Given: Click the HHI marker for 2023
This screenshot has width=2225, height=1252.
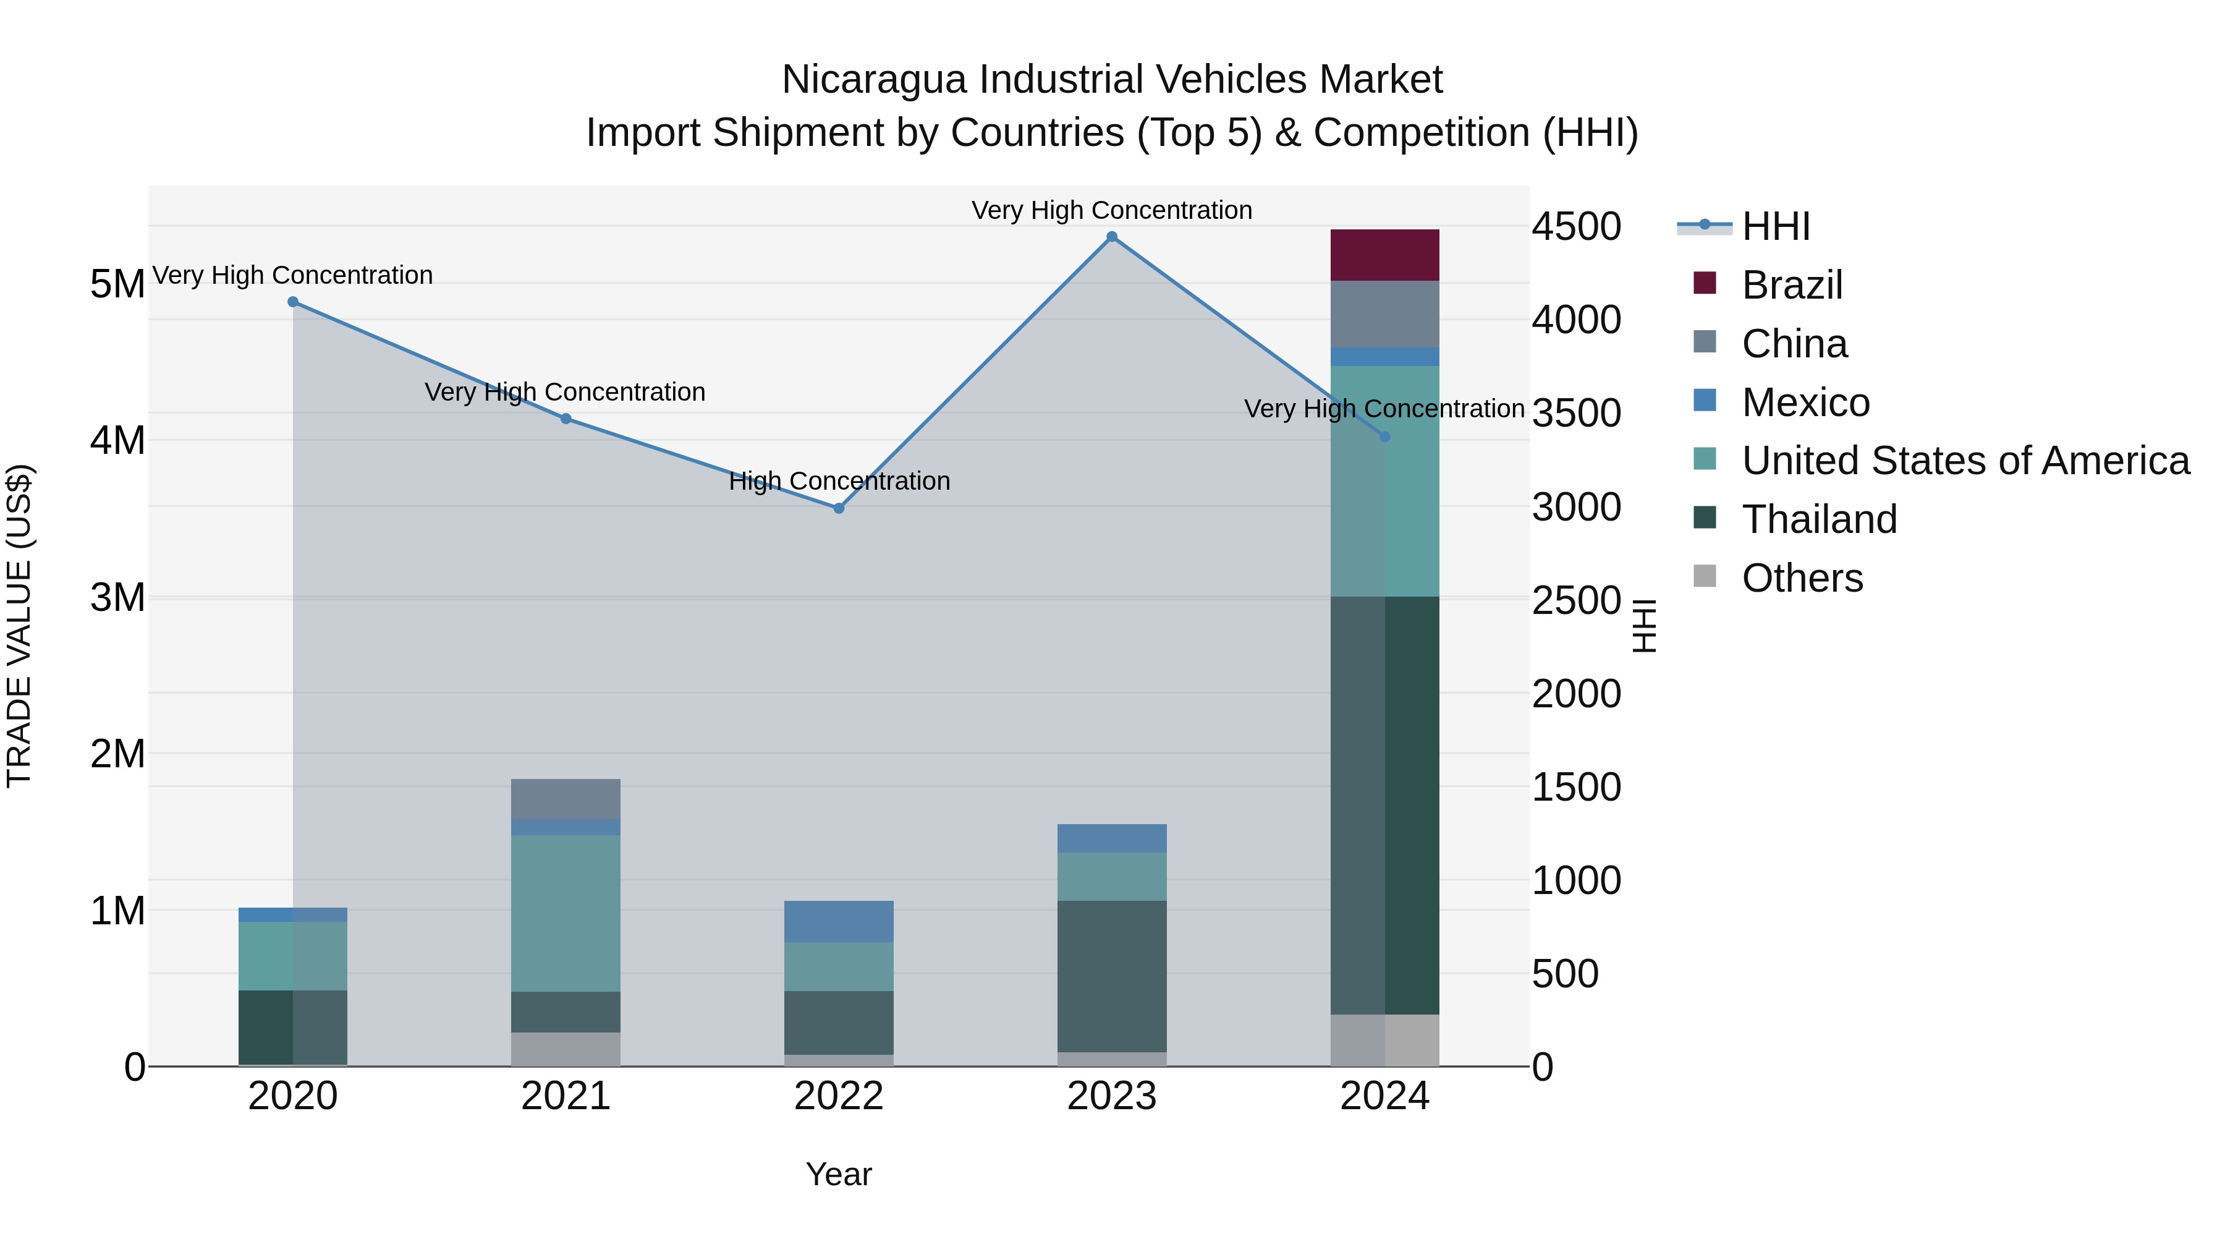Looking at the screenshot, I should (1112, 237).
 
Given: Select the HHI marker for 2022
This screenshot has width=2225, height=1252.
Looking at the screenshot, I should (839, 508).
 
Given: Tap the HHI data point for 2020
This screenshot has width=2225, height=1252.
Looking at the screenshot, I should (293, 302).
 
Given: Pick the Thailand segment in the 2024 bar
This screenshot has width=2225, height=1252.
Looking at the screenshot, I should (1384, 804).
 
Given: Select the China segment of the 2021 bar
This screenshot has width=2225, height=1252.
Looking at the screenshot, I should (566, 799).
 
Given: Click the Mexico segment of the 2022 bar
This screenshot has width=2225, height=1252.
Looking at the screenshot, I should (839, 921).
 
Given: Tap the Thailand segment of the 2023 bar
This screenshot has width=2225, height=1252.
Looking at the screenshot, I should (1112, 976).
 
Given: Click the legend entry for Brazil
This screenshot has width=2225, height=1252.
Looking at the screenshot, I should (1791, 285).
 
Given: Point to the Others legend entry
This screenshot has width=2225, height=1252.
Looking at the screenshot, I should (1802, 578).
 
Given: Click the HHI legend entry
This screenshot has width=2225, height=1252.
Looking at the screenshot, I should (1775, 226).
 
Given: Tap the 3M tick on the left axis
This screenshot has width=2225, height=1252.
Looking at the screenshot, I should (117, 598).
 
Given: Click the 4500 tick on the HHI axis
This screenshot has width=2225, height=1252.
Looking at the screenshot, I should (1576, 226).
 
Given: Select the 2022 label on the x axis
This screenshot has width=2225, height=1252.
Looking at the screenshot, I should (839, 1096).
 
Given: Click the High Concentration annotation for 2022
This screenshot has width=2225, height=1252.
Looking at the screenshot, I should (839, 481).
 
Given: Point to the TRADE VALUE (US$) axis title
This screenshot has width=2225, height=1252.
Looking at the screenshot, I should (20, 626).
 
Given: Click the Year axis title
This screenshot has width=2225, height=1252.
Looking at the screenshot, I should (839, 1174).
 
